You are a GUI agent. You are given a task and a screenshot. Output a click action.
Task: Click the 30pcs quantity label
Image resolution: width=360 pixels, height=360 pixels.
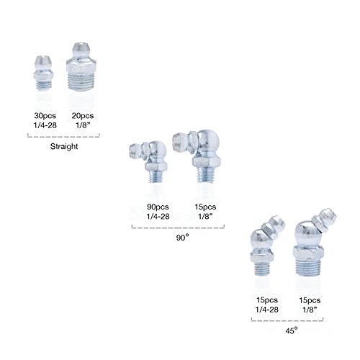point(45,116)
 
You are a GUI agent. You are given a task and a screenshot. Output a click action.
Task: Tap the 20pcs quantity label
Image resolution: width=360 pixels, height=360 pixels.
point(83,116)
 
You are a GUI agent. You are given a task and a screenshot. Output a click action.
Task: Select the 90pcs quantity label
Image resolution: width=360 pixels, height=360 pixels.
point(158,207)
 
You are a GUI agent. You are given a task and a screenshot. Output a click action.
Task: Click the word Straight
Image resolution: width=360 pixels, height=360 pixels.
point(64,146)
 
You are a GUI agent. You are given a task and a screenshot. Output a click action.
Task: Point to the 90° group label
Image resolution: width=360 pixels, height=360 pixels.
point(183,238)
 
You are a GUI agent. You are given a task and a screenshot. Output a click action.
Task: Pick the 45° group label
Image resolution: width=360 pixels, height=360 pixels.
point(292,330)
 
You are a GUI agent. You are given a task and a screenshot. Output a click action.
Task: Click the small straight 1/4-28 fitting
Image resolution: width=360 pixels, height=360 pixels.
point(43,73)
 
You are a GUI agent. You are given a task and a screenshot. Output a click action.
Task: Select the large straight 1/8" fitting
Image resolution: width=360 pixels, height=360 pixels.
point(81,67)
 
